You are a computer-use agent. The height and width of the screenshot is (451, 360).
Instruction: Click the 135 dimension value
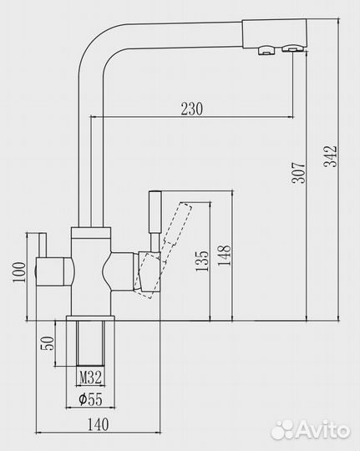[x=201, y=261]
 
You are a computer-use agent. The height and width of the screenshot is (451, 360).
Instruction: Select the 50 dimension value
[x=47, y=344]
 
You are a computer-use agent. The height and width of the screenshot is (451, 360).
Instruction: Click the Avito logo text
[x=322, y=429]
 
